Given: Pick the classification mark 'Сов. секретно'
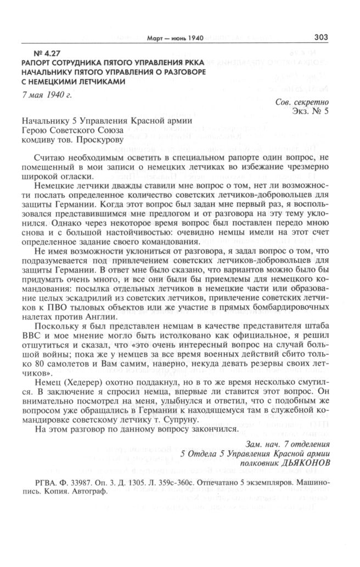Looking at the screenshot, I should point(302,103).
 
